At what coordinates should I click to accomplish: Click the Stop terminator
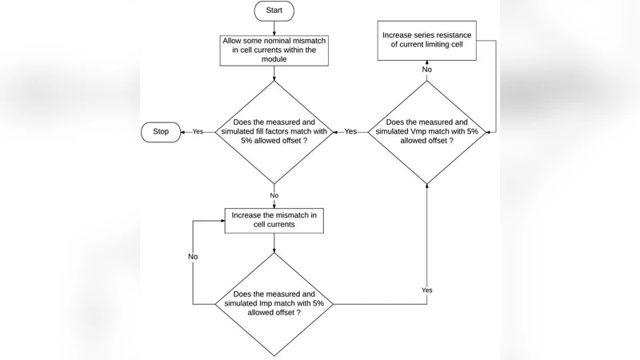pyautogui.click(x=160, y=131)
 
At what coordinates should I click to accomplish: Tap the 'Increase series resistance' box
pyautogui.click(x=426, y=41)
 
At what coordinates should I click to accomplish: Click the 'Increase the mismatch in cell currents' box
pyautogui.click(x=274, y=221)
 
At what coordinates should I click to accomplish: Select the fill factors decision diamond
pyautogui.click(x=274, y=131)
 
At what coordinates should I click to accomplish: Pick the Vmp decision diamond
pyautogui.click(x=426, y=131)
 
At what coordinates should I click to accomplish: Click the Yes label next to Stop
pyautogui.click(x=198, y=131)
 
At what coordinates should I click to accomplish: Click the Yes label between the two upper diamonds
pyautogui.click(x=350, y=131)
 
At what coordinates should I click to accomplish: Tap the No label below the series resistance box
pyautogui.click(x=426, y=70)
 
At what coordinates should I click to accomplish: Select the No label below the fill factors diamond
pyautogui.click(x=274, y=194)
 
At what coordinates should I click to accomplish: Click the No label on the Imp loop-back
pyautogui.click(x=194, y=257)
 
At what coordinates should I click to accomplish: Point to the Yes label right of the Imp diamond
pyautogui.click(x=426, y=288)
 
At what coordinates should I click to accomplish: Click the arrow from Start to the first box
pyautogui.click(x=274, y=28)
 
